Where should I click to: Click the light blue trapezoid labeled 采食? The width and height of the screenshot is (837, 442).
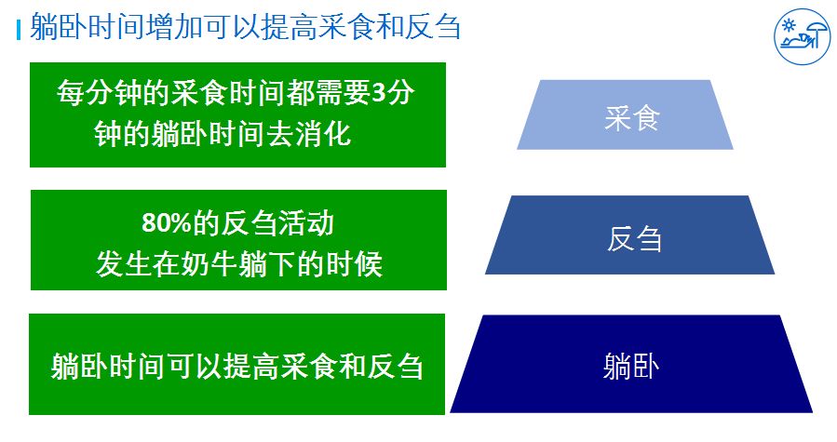coord(625,114)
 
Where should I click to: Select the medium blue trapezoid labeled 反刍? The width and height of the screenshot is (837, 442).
coord(630,235)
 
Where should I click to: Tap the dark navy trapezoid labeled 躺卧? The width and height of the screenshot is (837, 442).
coord(631,364)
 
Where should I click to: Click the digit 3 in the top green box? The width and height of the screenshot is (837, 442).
coord(378,93)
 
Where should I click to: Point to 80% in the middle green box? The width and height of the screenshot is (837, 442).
coord(167,222)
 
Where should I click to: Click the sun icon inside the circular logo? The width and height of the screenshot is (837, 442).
coord(788,25)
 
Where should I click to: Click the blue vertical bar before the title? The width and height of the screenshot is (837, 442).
coord(19,30)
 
